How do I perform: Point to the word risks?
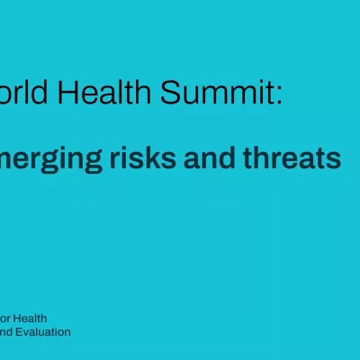pos(156,159)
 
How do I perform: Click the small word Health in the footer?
pos(31,319)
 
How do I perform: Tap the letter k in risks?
pos(168,159)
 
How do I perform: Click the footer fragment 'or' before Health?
pos(5,319)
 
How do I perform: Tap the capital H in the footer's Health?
pos(19,319)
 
